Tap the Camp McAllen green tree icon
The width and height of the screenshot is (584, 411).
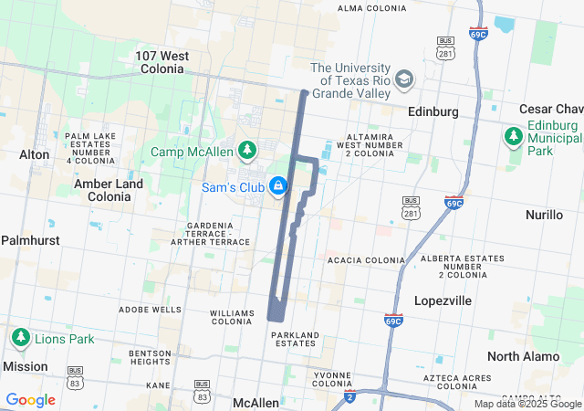tap(246, 150)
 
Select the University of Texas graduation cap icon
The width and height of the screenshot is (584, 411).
tap(405, 79)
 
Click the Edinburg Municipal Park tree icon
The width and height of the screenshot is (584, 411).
tap(513, 137)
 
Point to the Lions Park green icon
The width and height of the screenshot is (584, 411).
tap(20, 338)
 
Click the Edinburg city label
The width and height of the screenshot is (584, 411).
tap(433, 111)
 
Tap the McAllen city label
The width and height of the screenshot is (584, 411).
tap(255, 403)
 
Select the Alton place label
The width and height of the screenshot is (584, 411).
tap(35, 154)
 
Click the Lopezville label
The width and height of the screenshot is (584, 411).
tap(442, 300)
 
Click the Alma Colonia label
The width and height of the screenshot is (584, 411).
tap(371, 8)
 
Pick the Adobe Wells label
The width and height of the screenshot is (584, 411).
tap(151, 310)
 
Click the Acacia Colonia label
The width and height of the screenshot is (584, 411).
tap(365, 260)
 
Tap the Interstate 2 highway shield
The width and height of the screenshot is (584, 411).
tap(349, 396)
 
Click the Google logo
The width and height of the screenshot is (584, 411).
tap(30, 400)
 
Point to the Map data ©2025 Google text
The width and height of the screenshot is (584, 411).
tap(527, 404)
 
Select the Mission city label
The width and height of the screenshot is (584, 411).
tap(25, 366)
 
